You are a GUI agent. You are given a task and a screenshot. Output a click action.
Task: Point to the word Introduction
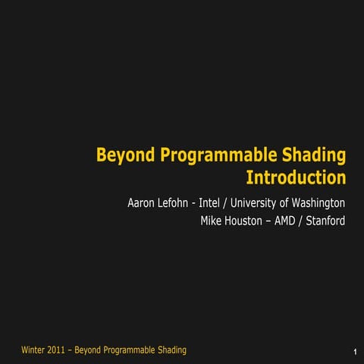pyautogui.click(x=296, y=178)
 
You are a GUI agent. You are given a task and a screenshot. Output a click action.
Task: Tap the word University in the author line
pyautogui.click(x=259, y=203)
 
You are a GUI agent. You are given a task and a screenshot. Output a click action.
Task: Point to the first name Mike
pyautogui.click(x=212, y=221)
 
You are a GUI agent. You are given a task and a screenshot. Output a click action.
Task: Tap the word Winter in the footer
pyautogui.click(x=34, y=350)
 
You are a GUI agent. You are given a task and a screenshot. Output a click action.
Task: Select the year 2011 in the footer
pyautogui.click(x=62, y=350)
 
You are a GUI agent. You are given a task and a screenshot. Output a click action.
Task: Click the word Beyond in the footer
pyautogui.click(x=93, y=350)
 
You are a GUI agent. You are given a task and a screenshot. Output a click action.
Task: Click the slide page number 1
pyautogui.click(x=355, y=352)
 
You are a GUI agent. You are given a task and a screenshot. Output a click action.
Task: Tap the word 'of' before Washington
pyautogui.click(x=285, y=203)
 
